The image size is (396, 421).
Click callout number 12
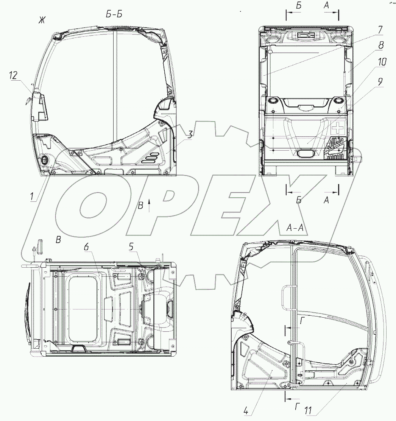coord(13,75)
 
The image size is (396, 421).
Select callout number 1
coord(32,196)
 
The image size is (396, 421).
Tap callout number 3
coord(190,134)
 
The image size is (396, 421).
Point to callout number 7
coord(380,30)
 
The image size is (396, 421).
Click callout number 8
coord(381,45)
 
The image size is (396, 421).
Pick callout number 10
coord(382,62)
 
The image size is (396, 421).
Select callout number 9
coord(380,82)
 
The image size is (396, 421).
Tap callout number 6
coord(86,247)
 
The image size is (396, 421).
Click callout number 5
coord(131,246)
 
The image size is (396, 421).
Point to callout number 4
coord(246,410)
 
